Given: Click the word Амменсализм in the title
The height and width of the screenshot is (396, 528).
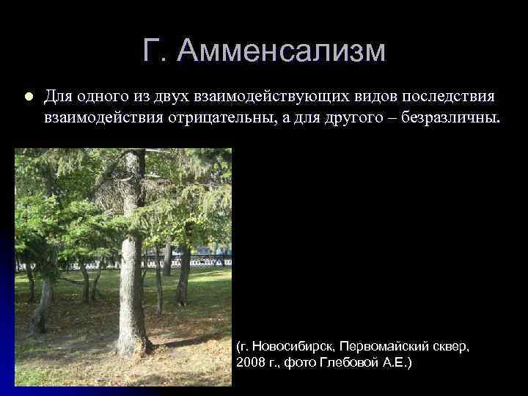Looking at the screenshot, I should [282, 51].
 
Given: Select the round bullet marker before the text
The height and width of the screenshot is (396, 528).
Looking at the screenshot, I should [28, 96].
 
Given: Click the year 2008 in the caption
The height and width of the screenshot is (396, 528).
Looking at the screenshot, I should [252, 362].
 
